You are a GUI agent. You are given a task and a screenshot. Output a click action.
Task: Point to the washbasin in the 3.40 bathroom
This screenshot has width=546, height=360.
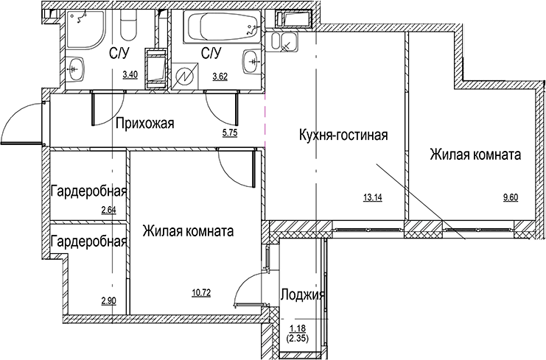78,71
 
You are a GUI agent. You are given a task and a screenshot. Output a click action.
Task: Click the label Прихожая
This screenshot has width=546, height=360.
144,123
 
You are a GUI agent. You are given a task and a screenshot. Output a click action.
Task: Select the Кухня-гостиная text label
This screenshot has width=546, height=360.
343,135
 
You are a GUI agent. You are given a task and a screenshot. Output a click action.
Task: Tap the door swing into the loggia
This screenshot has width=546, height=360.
248,287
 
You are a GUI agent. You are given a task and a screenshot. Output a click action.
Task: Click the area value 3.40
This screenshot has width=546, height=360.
130,74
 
